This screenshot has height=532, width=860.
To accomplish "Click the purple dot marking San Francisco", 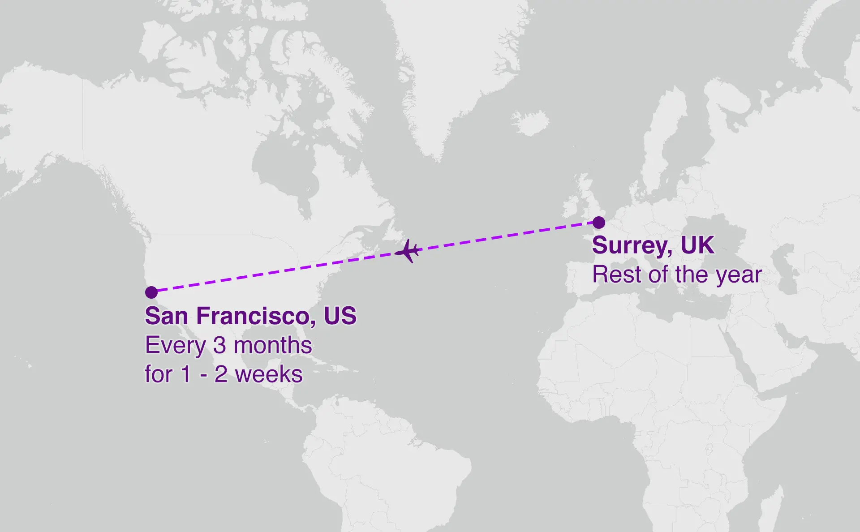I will (151, 292).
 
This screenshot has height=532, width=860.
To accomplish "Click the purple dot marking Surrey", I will (598, 223).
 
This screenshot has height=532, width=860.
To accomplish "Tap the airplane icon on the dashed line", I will (408, 251).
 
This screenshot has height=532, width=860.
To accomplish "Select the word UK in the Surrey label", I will (697, 245).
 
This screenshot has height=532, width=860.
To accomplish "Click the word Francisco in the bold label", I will (253, 316).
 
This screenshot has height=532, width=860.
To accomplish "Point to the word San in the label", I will (166, 316).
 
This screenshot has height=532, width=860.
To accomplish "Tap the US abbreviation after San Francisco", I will (340, 316).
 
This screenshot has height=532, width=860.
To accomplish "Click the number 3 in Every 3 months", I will (219, 345).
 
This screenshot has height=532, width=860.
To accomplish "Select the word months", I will (273, 345).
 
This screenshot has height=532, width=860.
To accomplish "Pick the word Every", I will (175, 345).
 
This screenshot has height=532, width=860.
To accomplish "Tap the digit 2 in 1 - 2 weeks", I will (220, 374).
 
